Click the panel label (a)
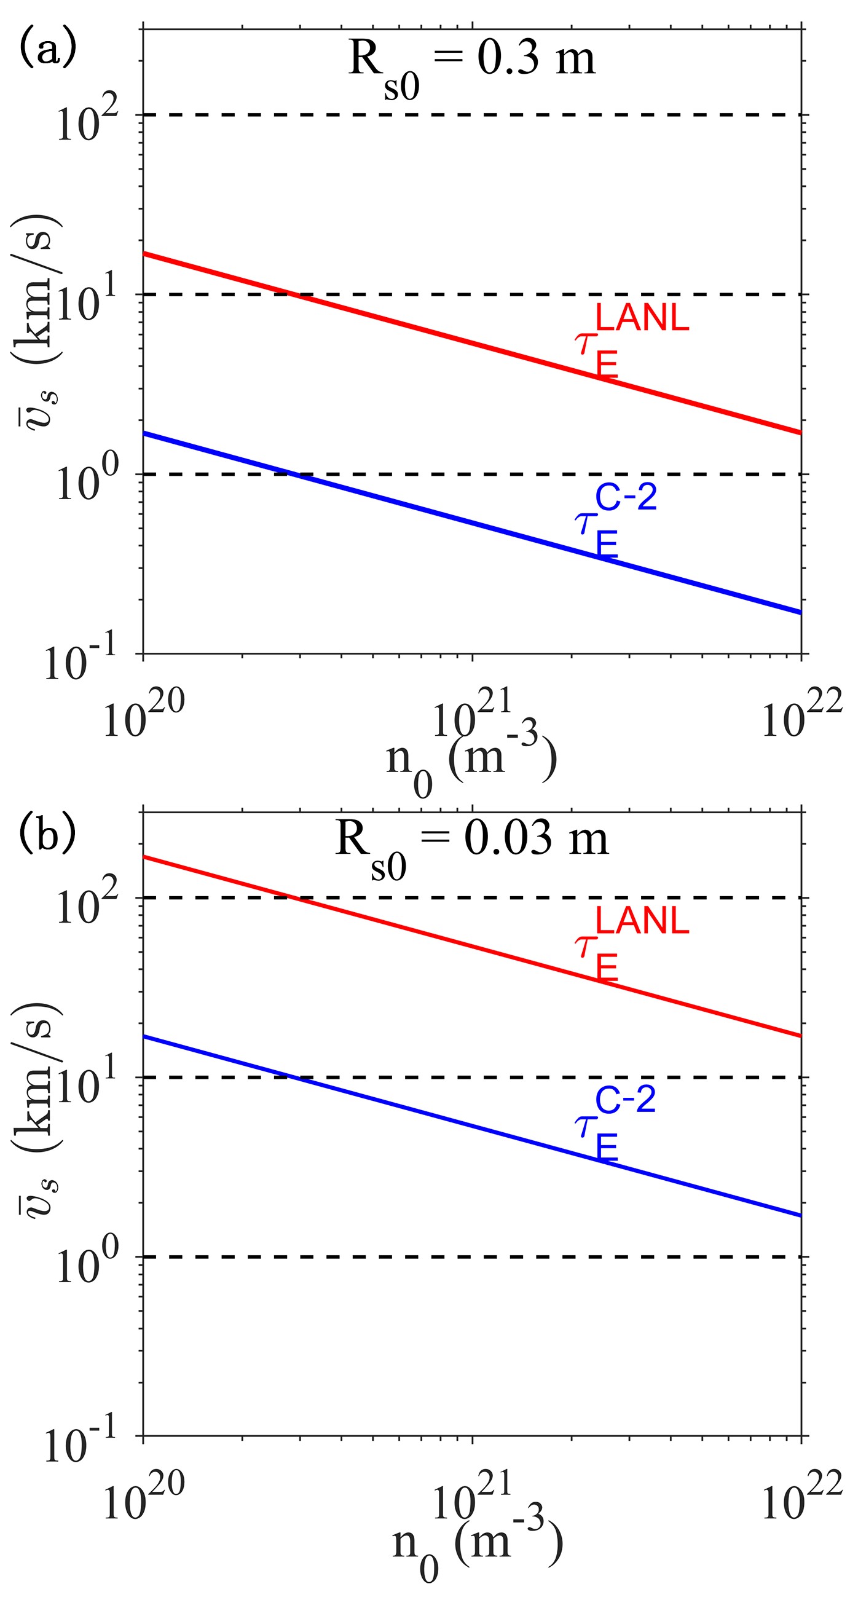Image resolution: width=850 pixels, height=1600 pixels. point(48,49)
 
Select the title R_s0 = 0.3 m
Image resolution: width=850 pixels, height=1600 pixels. point(472,62)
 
